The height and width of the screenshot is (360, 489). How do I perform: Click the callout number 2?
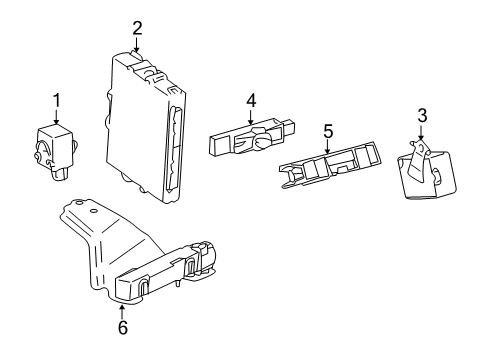pos(137,27)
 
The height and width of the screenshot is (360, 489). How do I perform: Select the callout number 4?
pos(252,100)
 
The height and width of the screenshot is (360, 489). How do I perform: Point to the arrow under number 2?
pos(138,42)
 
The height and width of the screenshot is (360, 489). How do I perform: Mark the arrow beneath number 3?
pos(422,134)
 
